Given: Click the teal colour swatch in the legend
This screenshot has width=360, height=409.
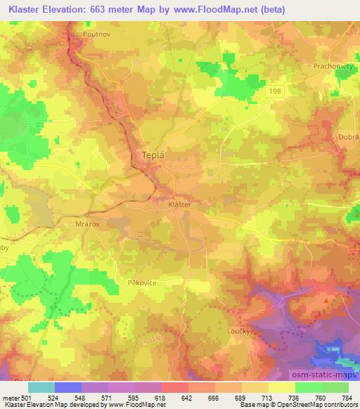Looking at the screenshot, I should (41, 387).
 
